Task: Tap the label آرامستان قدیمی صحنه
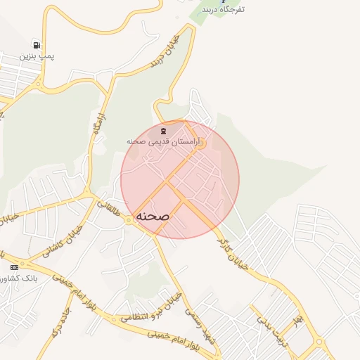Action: tap(164, 142)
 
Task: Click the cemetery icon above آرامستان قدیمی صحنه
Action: tap(164, 131)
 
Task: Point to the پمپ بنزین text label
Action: tap(36, 55)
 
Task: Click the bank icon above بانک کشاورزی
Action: tap(14, 267)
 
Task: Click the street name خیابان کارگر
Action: tap(235, 252)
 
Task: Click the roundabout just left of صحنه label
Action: tap(129, 220)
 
